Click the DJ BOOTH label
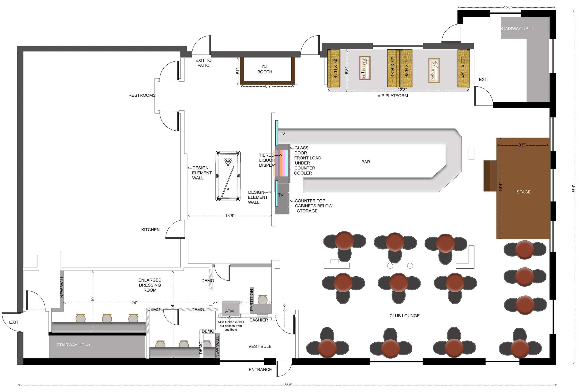tap(265, 70)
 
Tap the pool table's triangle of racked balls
tap(228, 162)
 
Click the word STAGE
tap(523, 192)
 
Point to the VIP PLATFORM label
tap(392, 96)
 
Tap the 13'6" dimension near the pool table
tap(229, 216)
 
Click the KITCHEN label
tap(150, 230)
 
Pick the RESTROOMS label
tap(142, 95)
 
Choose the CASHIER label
tap(259, 320)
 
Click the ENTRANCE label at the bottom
tap(260, 370)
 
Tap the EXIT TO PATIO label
tap(203, 63)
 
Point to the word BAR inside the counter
tap(365, 162)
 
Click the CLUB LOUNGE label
tap(404, 316)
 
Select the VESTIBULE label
tap(260, 347)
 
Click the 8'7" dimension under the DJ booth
tap(268, 86)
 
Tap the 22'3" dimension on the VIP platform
tap(402, 90)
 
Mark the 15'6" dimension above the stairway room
tap(507, 7)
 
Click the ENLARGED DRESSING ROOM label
tap(150, 285)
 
